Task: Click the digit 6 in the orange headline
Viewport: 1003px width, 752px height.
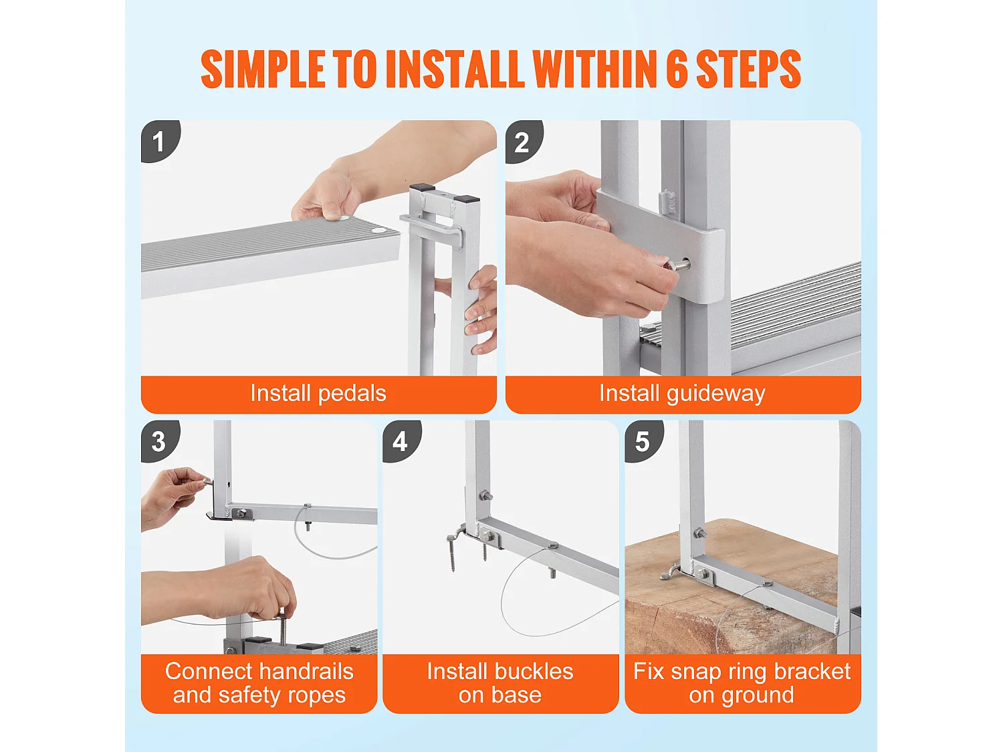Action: click(677, 69)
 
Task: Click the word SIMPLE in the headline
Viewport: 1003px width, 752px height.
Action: click(263, 69)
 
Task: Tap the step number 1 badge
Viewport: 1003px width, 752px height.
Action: click(160, 141)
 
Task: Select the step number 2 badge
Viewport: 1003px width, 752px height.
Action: click(524, 142)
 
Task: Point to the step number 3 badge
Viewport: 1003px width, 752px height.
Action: click(160, 441)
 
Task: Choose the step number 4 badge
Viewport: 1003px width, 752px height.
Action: click(402, 441)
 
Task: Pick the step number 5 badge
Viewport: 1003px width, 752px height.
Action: click(644, 441)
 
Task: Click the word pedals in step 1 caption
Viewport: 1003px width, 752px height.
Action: click(352, 394)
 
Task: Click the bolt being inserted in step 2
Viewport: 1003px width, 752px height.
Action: click(676, 265)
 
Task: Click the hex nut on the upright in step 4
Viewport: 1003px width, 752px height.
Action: click(484, 495)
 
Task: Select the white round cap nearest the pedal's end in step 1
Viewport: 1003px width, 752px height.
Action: click(378, 230)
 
